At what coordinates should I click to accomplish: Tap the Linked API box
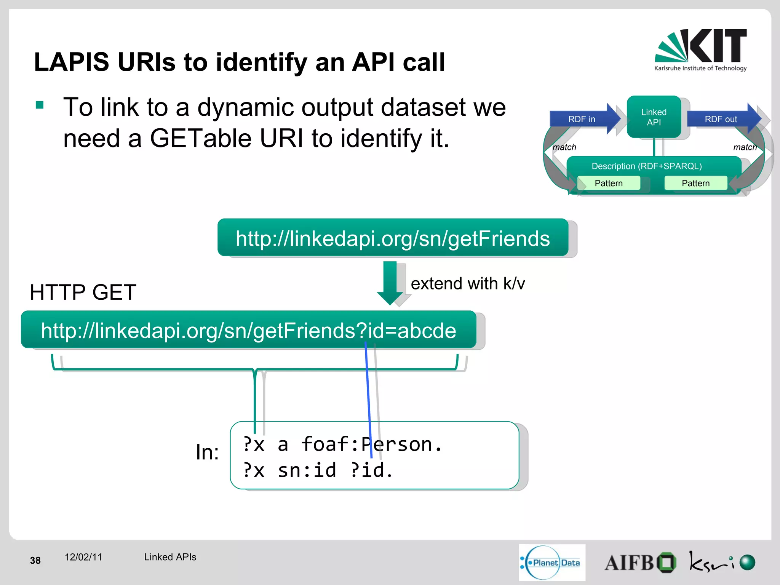point(654,117)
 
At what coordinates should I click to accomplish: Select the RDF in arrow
point(583,119)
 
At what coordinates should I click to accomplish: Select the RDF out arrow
point(721,119)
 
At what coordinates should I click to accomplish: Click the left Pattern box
point(608,183)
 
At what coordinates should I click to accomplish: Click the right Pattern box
point(695,183)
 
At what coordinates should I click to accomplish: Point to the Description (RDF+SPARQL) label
point(646,166)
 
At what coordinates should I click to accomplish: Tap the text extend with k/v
point(468,284)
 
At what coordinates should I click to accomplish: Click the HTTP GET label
point(83,292)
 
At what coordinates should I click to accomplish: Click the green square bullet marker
point(40,105)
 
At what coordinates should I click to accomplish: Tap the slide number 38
point(35,560)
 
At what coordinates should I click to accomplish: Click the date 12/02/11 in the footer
point(83,557)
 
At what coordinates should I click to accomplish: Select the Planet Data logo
point(551,563)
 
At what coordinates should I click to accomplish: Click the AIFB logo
point(640,563)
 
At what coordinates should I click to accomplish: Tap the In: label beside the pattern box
point(207,452)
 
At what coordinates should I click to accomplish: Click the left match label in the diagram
point(564,147)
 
